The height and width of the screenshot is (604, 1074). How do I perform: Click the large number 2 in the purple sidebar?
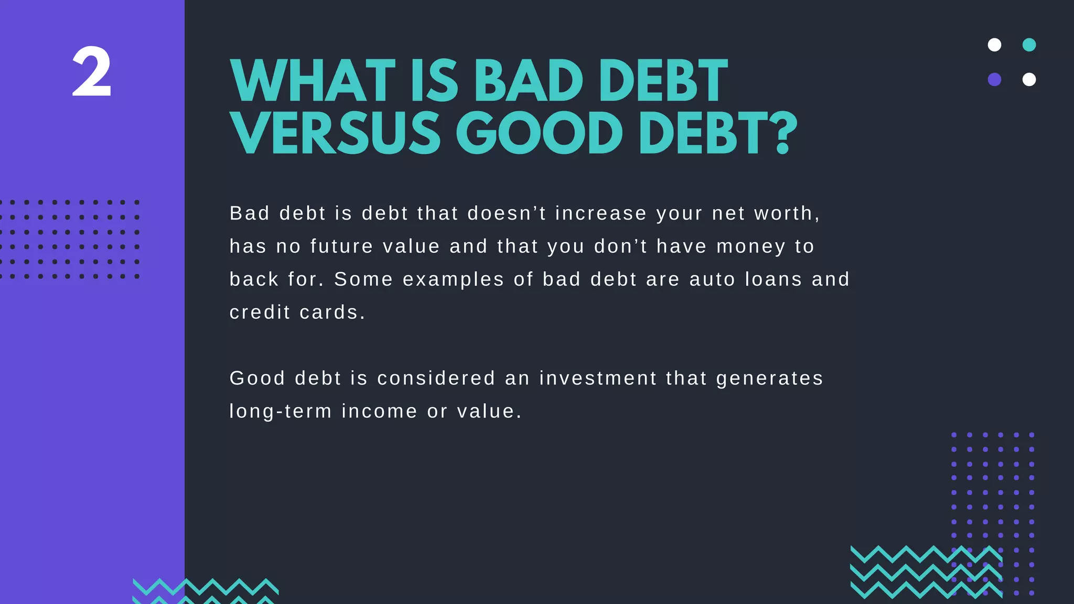coord(92,72)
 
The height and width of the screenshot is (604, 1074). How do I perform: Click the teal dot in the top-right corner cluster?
coord(1029,45)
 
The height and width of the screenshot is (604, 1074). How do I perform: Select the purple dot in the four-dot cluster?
coord(994,80)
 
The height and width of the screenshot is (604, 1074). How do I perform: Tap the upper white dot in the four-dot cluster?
coord(994,45)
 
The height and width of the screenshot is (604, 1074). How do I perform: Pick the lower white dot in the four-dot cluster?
coord(1029,80)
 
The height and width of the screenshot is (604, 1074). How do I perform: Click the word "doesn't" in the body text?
coord(507,213)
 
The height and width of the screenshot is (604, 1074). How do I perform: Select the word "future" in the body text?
coord(341,246)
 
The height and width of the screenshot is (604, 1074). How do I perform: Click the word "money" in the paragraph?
coord(751,246)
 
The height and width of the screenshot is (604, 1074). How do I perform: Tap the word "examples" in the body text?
coord(453,279)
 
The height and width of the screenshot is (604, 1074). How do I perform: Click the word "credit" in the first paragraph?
coord(260,312)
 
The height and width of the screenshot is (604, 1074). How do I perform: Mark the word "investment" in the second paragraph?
coord(598,379)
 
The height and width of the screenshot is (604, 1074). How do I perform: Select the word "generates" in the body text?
coord(769,379)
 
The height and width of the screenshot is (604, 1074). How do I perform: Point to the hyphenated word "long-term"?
coord(281,412)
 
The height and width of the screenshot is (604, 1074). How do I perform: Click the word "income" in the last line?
coord(379,412)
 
